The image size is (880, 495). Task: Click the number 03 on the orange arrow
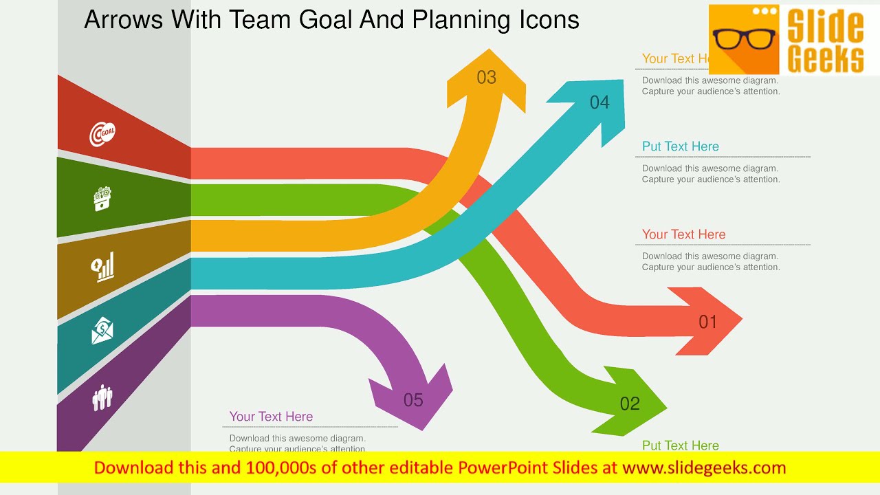coord(486,78)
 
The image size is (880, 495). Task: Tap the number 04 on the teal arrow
coord(599,102)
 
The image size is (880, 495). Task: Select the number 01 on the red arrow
coord(707,322)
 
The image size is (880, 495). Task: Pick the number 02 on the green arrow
coord(630,404)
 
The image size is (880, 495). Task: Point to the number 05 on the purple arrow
coord(413,400)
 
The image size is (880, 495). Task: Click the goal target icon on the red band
coord(102,133)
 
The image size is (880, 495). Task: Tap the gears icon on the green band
coord(102,199)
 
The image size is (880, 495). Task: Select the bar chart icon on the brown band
coord(103,267)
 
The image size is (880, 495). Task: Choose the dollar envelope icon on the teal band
coord(102,331)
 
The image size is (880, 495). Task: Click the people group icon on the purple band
coord(102,397)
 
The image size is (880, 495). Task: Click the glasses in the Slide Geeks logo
coord(744,40)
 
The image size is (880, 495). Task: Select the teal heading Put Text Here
coord(680,146)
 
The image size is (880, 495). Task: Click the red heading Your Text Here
coord(683,234)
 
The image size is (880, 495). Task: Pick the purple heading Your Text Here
coord(271,417)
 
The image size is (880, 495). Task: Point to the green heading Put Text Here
coord(680,445)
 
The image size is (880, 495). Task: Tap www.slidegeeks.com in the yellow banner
coord(703,468)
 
